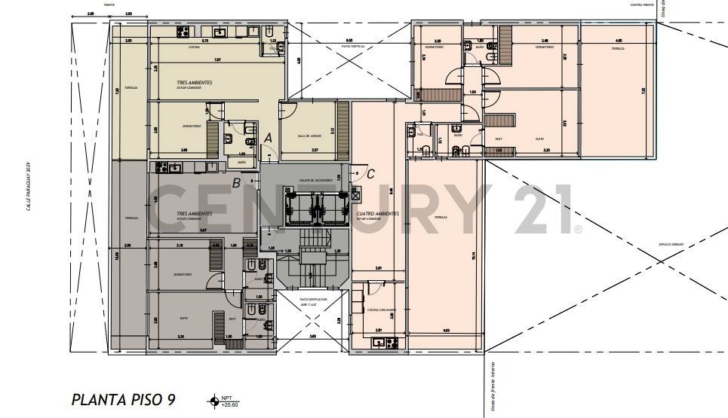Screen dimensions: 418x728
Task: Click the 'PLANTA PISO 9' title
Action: point(123,399)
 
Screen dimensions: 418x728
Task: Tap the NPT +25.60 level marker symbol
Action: point(213,400)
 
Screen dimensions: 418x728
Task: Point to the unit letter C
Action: point(370,173)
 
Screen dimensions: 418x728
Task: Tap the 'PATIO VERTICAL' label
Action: point(353,47)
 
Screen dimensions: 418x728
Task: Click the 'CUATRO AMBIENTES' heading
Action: point(378,214)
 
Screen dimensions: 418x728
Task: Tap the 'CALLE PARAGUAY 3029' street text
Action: point(29,188)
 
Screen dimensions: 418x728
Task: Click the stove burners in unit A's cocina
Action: point(222,32)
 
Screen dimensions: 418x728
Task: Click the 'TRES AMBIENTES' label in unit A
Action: point(194,82)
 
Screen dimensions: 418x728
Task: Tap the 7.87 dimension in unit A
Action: point(217,59)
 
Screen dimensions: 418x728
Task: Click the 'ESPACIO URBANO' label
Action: point(670,245)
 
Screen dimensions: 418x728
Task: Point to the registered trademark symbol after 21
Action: point(578,228)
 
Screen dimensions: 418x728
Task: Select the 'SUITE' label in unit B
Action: point(183,318)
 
